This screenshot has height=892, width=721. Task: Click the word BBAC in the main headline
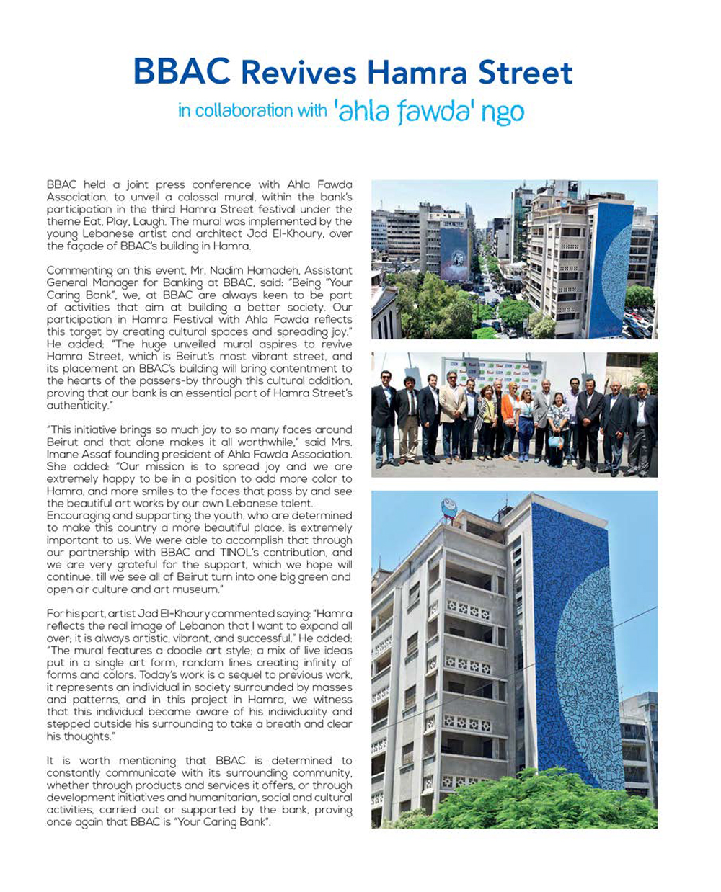(x=182, y=73)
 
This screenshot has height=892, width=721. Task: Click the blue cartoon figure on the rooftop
(x=452, y=507)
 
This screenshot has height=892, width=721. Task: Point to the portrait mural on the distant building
(x=454, y=253)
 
